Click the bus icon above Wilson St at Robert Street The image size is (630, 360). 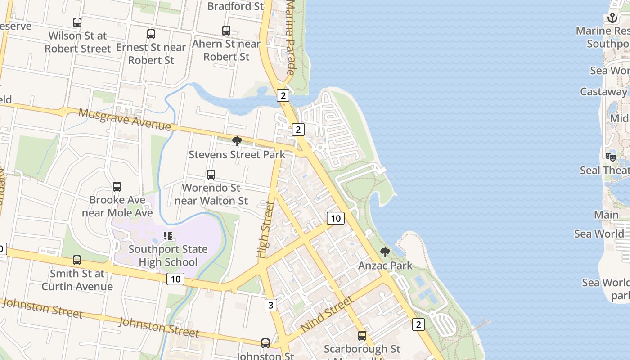(x=77, y=22)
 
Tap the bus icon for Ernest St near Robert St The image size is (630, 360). (x=151, y=34)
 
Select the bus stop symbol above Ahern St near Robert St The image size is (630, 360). (x=226, y=31)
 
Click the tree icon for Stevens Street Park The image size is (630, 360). (x=237, y=141)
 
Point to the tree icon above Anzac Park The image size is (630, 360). (x=385, y=252)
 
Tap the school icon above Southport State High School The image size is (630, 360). (x=168, y=236)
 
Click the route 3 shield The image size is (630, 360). (x=270, y=306)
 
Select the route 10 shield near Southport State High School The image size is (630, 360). (x=175, y=279)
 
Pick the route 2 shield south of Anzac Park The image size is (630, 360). (x=418, y=324)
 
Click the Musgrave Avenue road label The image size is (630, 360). (x=125, y=119)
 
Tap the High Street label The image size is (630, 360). (x=265, y=229)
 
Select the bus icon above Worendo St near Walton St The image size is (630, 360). (x=211, y=175)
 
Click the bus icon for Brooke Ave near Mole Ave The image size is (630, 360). (x=117, y=187)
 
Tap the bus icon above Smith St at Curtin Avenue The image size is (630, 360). (x=77, y=260)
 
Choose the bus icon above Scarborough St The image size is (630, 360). (x=362, y=335)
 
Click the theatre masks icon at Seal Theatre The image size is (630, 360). (x=611, y=157)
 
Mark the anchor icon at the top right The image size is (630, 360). (x=612, y=18)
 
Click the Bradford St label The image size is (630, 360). (x=235, y=6)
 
